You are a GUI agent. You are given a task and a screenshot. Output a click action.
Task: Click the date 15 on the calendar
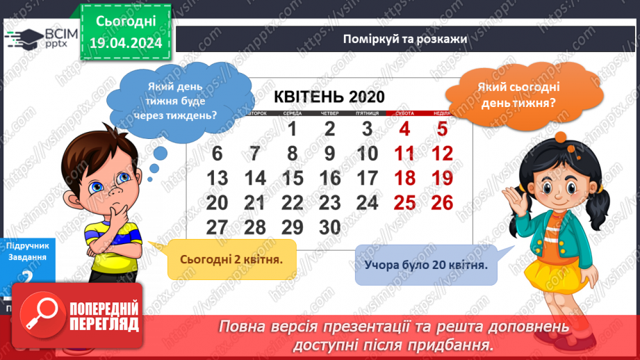tap(293, 178)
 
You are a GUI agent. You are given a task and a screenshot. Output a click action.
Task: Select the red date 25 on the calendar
tap(404, 202)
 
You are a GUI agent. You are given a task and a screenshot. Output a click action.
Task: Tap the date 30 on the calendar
tap(330, 227)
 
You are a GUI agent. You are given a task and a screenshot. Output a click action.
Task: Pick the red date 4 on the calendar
tap(404, 129)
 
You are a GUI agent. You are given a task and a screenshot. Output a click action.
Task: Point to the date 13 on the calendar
tap(218, 178)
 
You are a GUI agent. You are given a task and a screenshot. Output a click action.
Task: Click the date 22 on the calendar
tap(293, 202)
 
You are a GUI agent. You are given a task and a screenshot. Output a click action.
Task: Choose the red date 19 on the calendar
tap(442, 178)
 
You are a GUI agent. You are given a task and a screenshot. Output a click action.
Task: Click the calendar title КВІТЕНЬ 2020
tap(329, 97)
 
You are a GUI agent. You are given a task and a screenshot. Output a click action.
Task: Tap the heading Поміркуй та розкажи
tap(404, 38)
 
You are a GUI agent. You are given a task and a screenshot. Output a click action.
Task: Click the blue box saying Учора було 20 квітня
tap(425, 264)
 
